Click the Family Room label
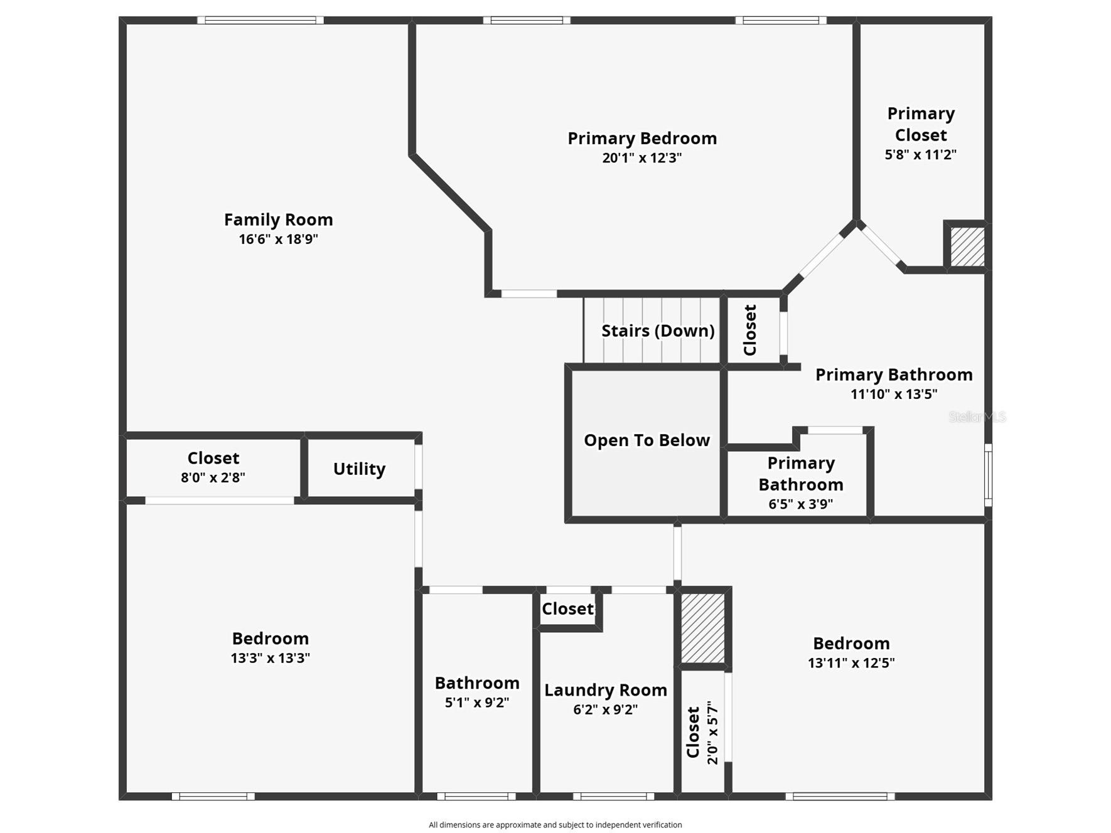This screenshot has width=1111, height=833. point(278,220)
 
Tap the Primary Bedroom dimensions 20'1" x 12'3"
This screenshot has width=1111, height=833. point(641,157)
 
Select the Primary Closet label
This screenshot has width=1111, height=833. point(920,124)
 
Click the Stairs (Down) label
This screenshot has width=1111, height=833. point(657,331)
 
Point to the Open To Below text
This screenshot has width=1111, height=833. point(647,440)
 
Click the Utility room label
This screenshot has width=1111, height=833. point(359,469)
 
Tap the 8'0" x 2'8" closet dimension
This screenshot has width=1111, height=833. point(213,477)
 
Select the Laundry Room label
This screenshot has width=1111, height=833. point(605,690)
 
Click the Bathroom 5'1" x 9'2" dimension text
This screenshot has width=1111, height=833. point(476,703)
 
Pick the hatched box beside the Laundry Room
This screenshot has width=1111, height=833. point(703,628)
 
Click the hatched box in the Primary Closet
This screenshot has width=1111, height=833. point(967,247)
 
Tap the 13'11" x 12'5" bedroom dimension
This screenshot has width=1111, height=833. point(851,663)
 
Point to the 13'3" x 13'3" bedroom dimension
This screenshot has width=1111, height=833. point(270,658)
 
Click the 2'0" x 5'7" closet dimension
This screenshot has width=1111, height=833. point(712,733)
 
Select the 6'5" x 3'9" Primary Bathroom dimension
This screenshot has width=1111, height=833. point(800,504)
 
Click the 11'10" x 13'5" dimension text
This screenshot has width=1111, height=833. point(893,394)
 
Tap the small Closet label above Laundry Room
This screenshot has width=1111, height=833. point(567,609)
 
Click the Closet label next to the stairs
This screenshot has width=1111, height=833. point(750,330)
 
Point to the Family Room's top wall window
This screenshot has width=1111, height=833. point(260,20)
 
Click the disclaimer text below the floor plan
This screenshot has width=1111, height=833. point(555,825)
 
